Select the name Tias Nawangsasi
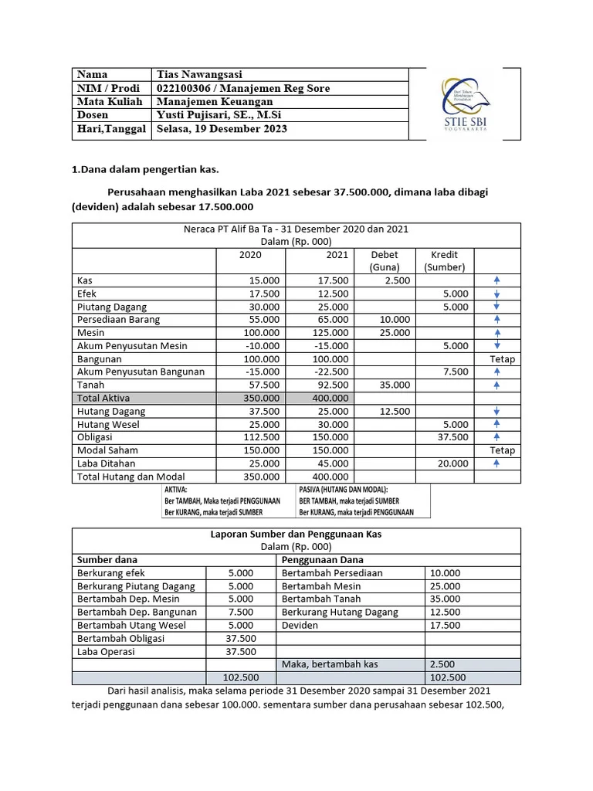pyautogui.click(x=199, y=75)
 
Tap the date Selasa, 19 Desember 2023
pyautogui.click(x=222, y=129)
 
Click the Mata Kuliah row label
pyautogui.click(x=108, y=102)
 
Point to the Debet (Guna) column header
pyautogui.click(x=385, y=261)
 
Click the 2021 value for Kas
pyautogui.click(x=333, y=280)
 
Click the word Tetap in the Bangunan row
pyautogui.click(x=502, y=359)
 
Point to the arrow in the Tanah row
pyautogui.click(x=497, y=385)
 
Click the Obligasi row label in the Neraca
pyautogui.click(x=96, y=437)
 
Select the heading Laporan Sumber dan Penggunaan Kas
pyautogui.click(x=296, y=534)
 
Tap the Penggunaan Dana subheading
pyautogui.click(x=323, y=560)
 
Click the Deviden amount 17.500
pyautogui.click(x=445, y=626)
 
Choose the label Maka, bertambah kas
pyautogui.click(x=327, y=664)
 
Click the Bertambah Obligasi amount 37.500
pyautogui.click(x=241, y=639)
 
